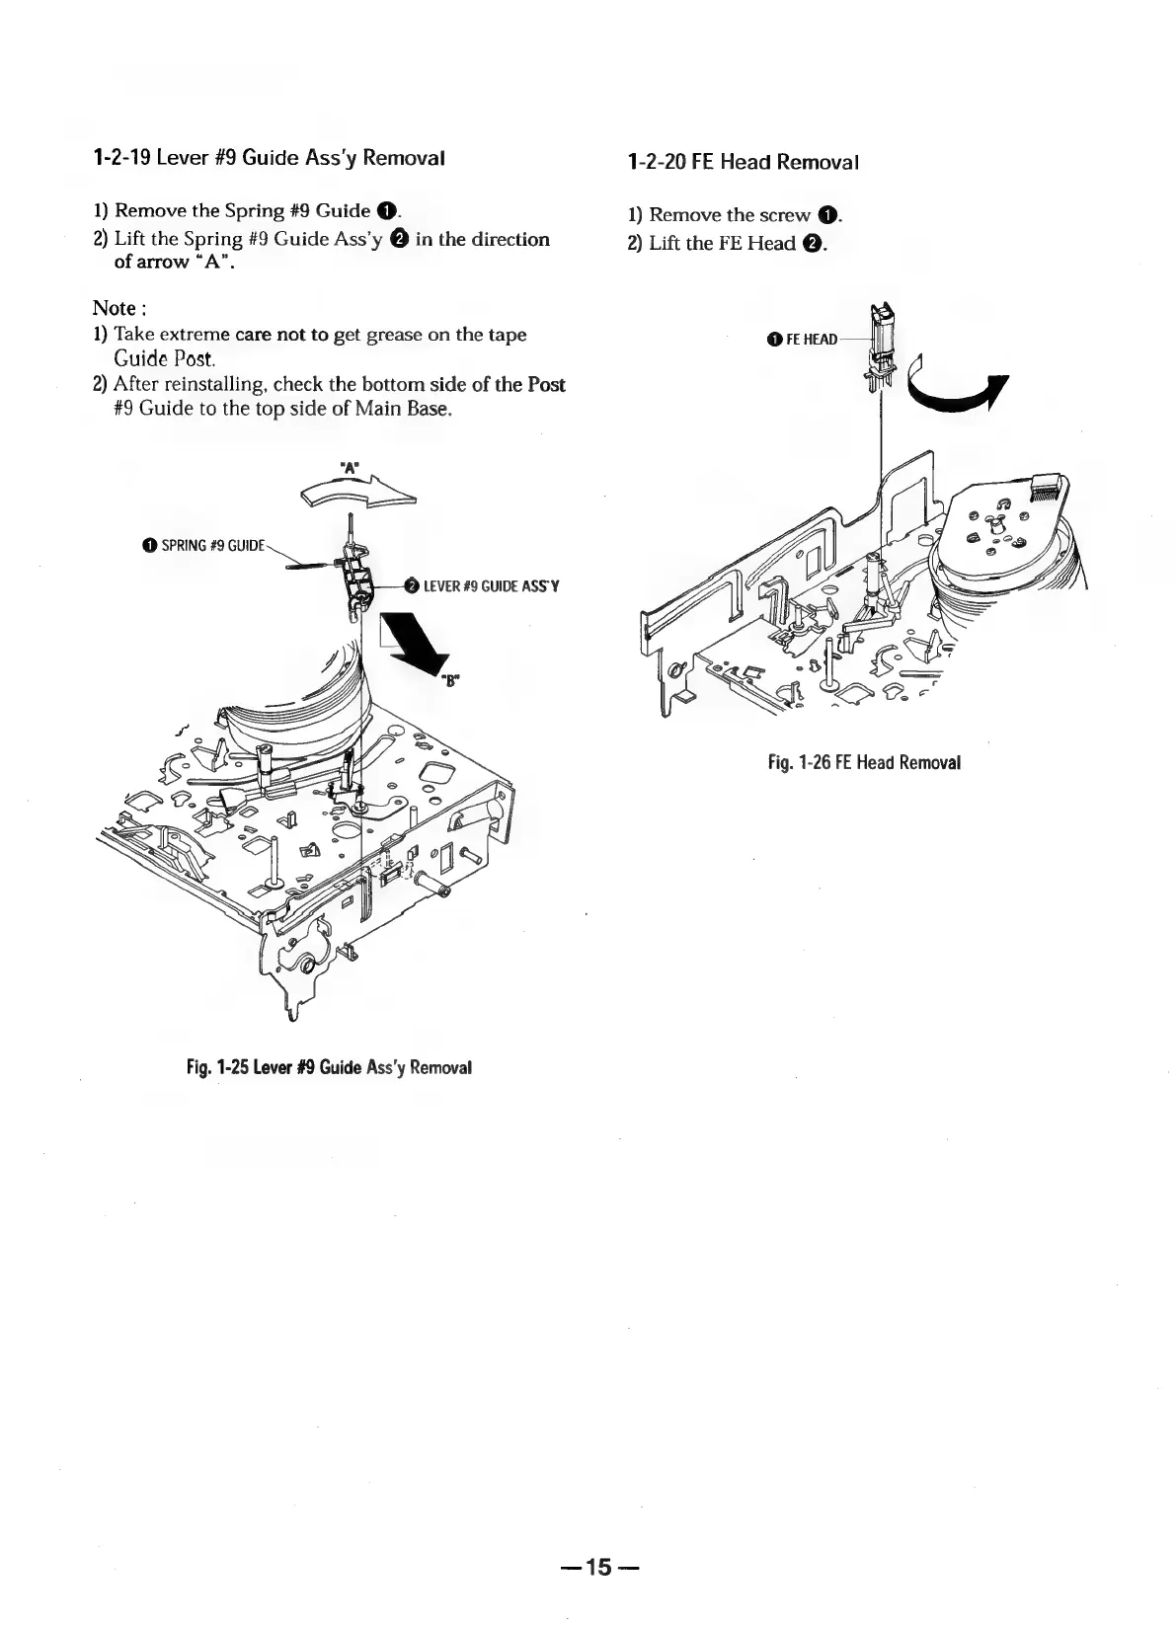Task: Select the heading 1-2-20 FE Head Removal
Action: point(743,162)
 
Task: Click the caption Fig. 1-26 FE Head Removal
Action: point(864,762)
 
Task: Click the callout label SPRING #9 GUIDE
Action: point(213,545)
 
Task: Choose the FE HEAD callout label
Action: point(811,340)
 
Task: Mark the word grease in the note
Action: point(396,335)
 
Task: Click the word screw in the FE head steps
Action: point(784,215)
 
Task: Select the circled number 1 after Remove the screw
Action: point(827,216)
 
